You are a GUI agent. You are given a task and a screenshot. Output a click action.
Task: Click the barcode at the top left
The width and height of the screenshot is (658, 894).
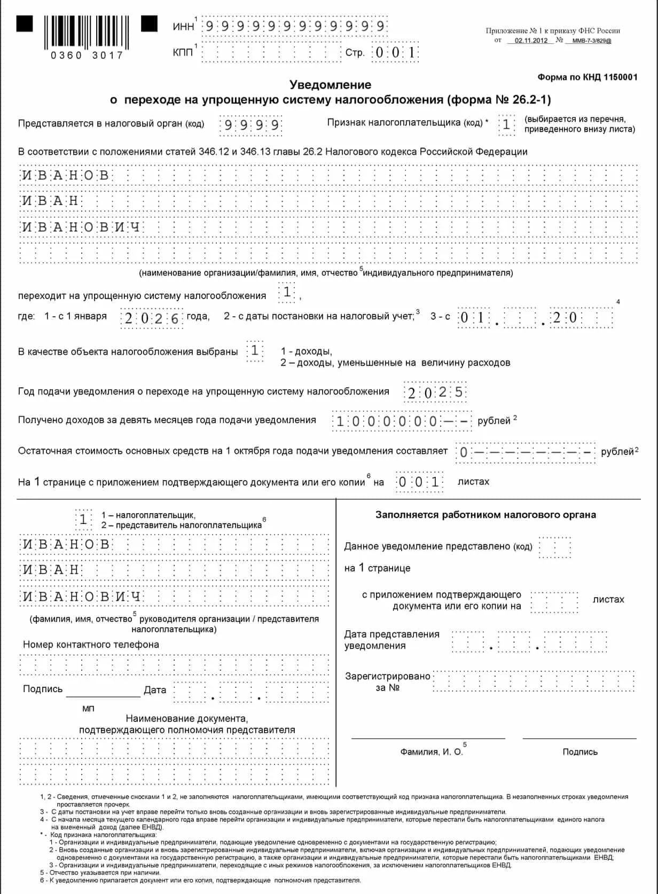click(87, 32)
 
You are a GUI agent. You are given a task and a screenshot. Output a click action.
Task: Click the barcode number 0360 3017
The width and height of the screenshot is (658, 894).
click(87, 56)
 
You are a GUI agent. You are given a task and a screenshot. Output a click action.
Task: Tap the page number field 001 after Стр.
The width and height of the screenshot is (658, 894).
click(395, 52)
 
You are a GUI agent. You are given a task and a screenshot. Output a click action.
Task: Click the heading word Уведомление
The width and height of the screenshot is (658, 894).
click(330, 84)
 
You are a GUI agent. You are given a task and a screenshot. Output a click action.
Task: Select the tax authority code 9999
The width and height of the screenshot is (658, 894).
click(251, 126)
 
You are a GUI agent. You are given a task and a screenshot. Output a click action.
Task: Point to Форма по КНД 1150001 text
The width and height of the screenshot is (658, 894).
click(587, 77)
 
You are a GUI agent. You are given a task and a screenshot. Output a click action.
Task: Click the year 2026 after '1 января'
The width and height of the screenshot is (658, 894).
click(152, 318)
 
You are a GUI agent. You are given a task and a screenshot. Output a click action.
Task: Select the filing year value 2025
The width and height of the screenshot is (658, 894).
click(435, 393)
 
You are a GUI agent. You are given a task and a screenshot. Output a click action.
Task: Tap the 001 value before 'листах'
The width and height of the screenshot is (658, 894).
click(419, 482)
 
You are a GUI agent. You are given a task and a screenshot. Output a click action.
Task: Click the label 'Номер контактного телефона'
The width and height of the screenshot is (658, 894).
click(91, 645)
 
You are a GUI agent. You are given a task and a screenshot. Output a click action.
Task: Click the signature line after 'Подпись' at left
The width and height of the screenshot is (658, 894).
click(103, 692)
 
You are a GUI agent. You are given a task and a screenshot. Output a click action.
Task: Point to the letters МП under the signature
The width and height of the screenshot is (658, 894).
click(88, 709)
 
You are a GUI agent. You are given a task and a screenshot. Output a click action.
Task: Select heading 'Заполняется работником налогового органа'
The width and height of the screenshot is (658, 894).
click(485, 515)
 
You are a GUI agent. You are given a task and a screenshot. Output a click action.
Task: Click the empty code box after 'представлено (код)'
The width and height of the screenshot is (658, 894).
click(555, 547)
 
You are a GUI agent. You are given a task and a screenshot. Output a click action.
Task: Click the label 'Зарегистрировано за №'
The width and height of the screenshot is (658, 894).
click(388, 682)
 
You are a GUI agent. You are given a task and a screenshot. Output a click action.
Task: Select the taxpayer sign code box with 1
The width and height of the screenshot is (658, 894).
click(506, 125)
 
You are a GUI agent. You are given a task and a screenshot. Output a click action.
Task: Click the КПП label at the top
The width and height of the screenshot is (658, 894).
click(183, 52)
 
